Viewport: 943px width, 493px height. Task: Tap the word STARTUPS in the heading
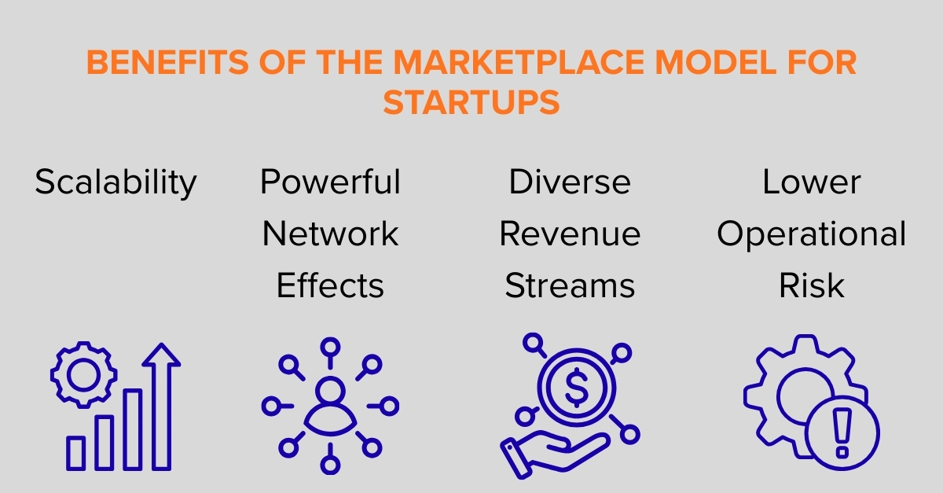pyautogui.click(x=472, y=103)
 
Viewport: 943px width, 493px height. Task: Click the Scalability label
pyautogui.click(x=116, y=183)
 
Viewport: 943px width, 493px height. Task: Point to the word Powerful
pyautogui.click(x=330, y=183)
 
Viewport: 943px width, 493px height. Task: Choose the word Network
pyautogui.click(x=330, y=234)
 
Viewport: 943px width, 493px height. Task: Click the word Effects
pyautogui.click(x=330, y=286)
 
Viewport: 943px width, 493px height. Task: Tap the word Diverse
pyautogui.click(x=570, y=183)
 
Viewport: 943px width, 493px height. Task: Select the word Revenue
pyautogui.click(x=570, y=234)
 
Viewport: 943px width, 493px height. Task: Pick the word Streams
pyautogui.click(x=570, y=286)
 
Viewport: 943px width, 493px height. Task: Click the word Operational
pyautogui.click(x=812, y=234)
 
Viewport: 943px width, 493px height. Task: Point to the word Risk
pyautogui.click(x=812, y=286)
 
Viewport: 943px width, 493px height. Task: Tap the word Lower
pyautogui.click(x=812, y=183)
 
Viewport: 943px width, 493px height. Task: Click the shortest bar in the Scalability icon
pyautogui.click(x=76, y=453)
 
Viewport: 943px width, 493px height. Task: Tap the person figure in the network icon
pyautogui.click(x=330, y=403)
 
